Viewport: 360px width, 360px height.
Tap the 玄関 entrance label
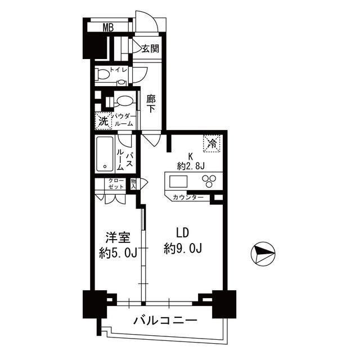(x=150, y=48)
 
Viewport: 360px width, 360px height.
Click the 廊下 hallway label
(x=151, y=103)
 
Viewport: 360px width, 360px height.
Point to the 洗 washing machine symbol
(x=103, y=120)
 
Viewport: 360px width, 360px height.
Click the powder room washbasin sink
(x=125, y=101)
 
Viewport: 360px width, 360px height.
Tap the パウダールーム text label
(x=124, y=119)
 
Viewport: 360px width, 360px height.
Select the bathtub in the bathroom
(x=105, y=153)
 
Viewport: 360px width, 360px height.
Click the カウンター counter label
(x=188, y=197)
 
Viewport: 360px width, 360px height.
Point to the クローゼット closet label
(x=110, y=183)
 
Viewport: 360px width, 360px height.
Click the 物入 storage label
(x=133, y=183)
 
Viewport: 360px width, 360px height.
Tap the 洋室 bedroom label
(x=115, y=237)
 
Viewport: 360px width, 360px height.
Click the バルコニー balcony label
(x=165, y=321)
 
